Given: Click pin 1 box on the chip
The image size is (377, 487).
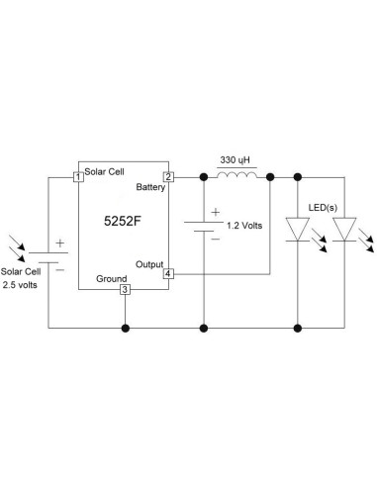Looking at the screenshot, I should click(x=77, y=177).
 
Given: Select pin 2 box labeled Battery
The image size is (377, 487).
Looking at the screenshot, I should click(x=168, y=177).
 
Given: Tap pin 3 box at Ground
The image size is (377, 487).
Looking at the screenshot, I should click(x=124, y=289).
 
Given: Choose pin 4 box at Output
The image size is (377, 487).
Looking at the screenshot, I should click(x=168, y=272).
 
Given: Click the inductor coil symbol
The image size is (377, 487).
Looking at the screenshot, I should click(x=237, y=175).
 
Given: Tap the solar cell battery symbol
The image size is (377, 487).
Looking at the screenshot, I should click(x=48, y=252).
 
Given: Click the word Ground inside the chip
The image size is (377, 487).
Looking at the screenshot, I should click(x=111, y=278).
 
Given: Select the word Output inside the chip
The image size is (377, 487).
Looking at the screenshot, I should click(x=149, y=263).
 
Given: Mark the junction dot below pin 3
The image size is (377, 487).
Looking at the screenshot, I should click(x=124, y=327).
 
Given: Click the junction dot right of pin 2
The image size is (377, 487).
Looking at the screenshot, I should click(x=203, y=177).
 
